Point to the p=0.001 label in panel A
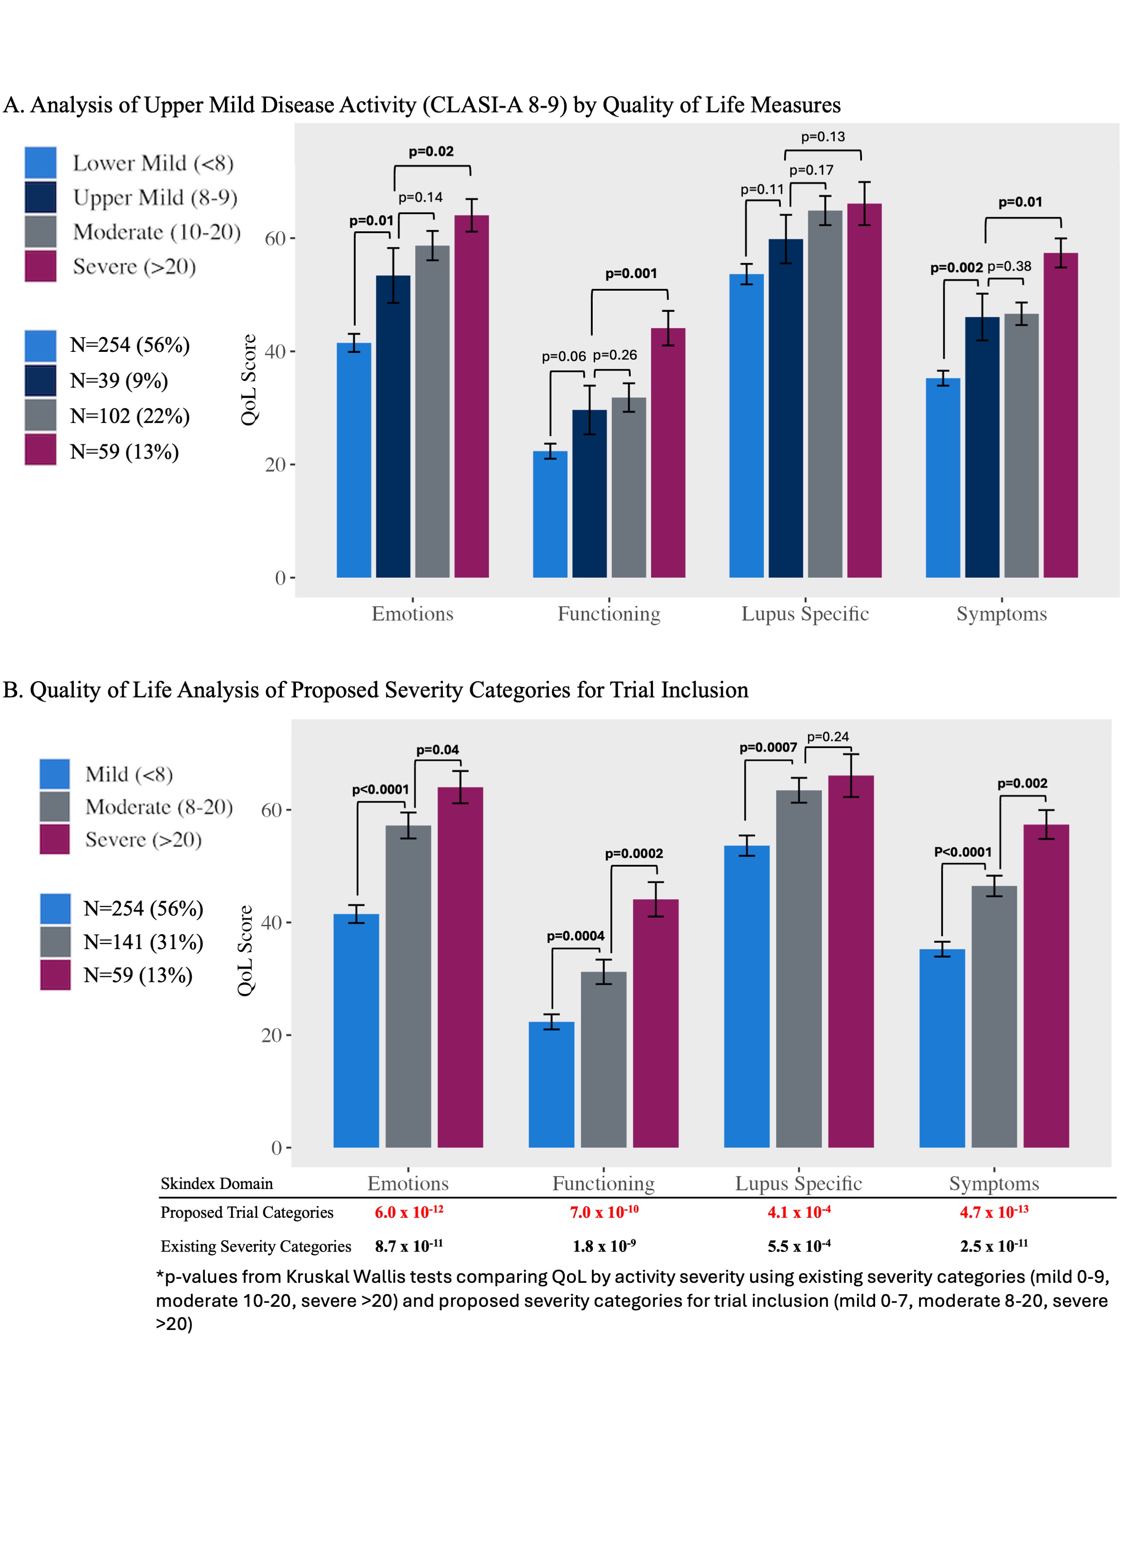631,273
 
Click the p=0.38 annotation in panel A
1009,267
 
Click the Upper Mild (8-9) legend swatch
40,197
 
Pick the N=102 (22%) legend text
130,416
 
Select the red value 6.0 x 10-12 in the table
409,1212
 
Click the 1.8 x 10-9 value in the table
604,1246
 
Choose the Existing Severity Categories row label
256,1246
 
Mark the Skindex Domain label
217,1183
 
